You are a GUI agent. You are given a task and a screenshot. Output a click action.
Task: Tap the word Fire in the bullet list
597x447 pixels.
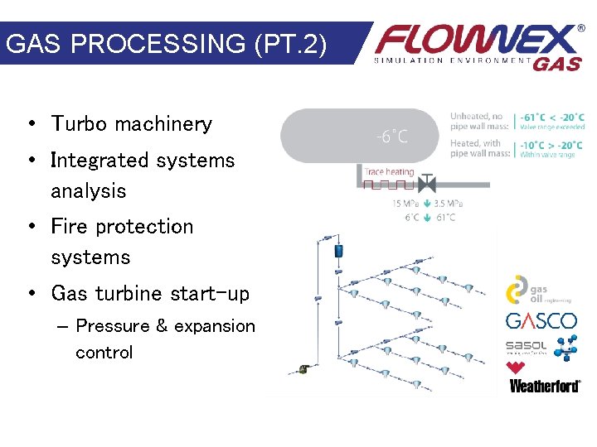coord(69,227)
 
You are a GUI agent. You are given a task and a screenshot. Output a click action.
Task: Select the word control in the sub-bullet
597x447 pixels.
coord(104,353)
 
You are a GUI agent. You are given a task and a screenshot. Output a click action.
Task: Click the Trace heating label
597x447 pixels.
coord(388,171)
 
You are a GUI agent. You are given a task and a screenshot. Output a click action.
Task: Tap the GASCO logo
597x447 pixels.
coord(541,321)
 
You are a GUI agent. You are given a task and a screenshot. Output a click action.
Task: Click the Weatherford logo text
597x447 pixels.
coord(544,385)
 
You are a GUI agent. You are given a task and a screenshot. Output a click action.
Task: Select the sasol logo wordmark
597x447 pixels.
coord(526,345)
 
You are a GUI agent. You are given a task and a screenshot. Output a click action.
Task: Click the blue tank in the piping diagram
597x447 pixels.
coord(338,250)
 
